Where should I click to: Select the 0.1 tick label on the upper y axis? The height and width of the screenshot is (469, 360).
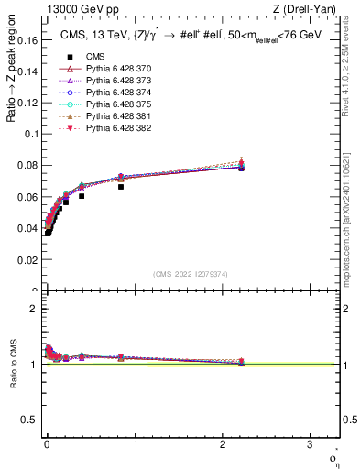click(32, 133)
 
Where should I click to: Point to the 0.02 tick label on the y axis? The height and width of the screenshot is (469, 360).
click(29, 260)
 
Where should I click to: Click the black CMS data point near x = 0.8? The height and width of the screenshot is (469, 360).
click(121, 186)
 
